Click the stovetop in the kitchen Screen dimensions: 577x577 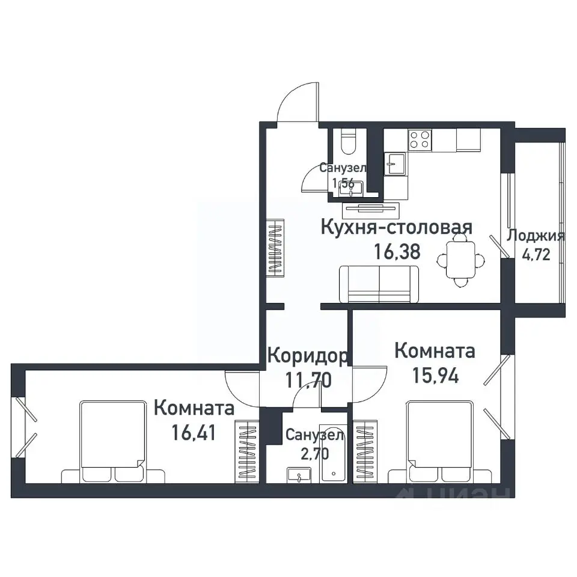pos(420,140)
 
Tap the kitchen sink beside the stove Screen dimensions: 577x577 pos(395,163)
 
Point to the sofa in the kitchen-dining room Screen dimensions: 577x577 pos(379,284)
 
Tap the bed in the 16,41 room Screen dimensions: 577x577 pos(114,442)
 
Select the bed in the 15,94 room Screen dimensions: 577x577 pos(439,442)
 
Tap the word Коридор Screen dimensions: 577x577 pos(307,356)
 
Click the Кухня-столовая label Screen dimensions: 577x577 pos(396,228)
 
